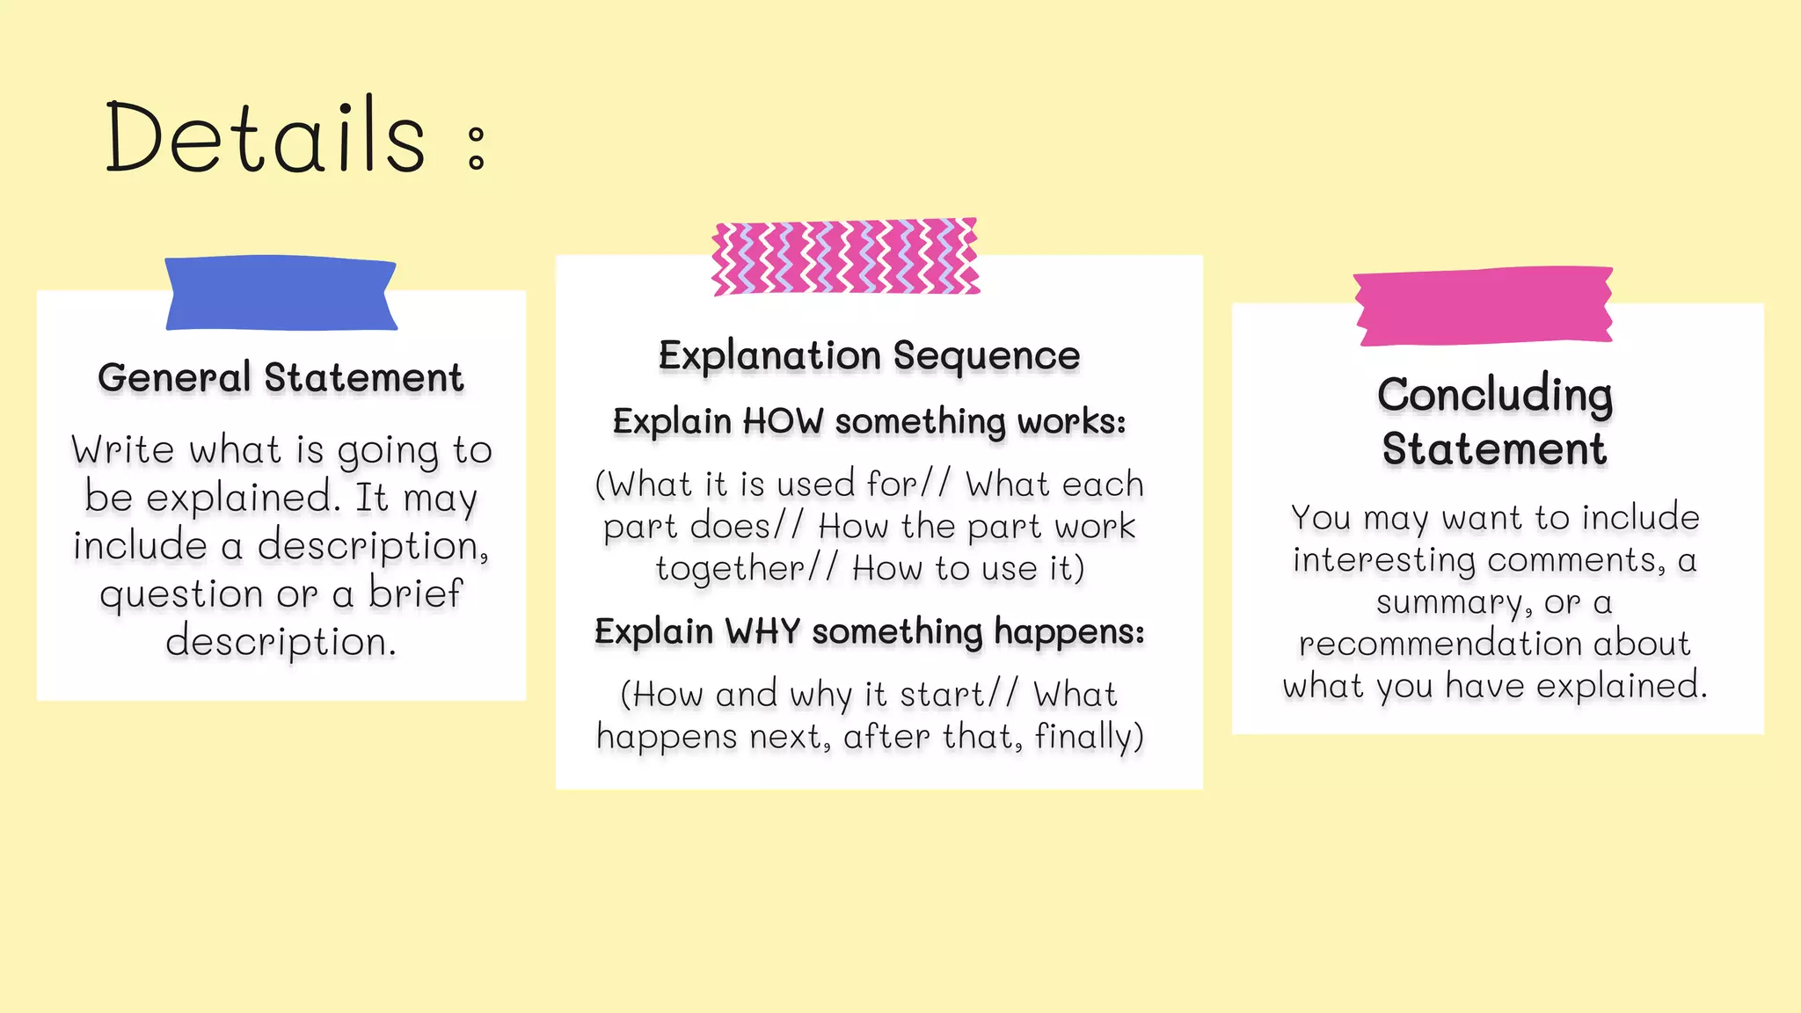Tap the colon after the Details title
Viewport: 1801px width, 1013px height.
[x=476, y=148]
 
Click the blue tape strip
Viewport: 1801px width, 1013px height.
[x=281, y=294]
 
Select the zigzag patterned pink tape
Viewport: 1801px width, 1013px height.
[x=845, y=257]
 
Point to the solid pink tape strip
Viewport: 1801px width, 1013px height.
[x=1484, y=306]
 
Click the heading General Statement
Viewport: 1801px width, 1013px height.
[x=281, y=378]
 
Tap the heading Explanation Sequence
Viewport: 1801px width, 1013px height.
[x=869, y=356]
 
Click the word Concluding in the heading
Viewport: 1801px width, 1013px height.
[x=1494, y=395]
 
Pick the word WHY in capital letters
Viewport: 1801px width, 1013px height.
[x=762, y=631]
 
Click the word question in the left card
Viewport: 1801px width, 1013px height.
[x=181, y=595]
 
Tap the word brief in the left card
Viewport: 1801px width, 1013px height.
[x=414, y=593]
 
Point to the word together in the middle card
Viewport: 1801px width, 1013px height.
[x=730, y=569]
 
